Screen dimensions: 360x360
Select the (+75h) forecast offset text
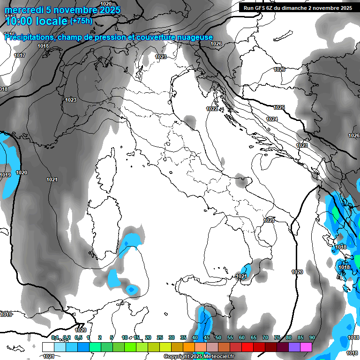click(81, 21)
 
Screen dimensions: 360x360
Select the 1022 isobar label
click(212, 109)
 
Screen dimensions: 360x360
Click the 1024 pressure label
click(272, 120)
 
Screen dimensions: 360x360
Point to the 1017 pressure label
click(20, 56)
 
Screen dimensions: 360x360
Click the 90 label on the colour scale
click(312, 338)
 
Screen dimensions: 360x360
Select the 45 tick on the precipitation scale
click(207, 338)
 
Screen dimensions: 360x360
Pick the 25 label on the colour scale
click(160, 338)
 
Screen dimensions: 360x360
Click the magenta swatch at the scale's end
click(306, 347)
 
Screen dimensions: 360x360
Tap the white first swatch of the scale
click(48, 347)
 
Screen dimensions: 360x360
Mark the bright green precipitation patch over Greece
click(336, 213)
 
